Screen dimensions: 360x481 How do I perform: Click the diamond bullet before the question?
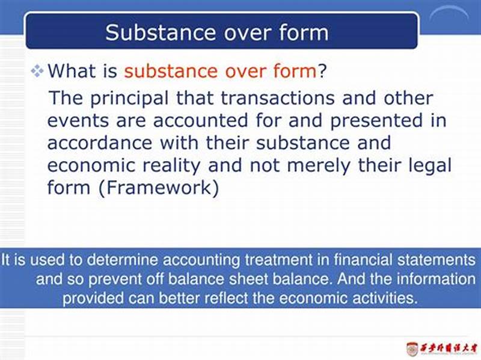38,72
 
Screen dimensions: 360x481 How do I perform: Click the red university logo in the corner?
412,348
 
